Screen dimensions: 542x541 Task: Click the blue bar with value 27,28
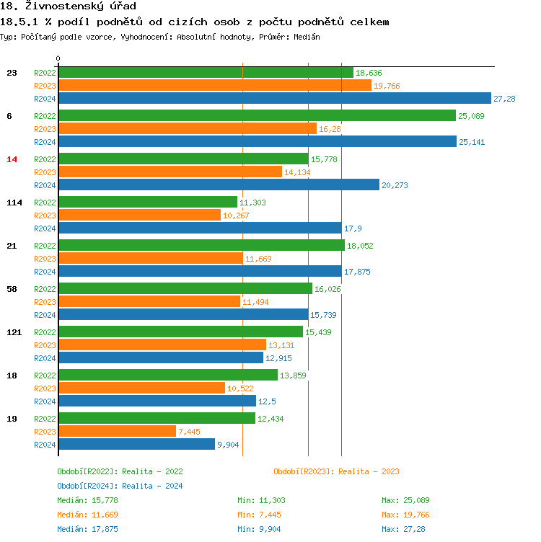pyautogui.click(x=274, y=99)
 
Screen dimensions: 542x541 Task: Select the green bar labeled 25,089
pyautogui.click(x=257, y=115)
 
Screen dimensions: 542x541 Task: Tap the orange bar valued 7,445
pyautogui.click(x=117, y=431)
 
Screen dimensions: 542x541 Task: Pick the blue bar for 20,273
pyautogui.click(x=219, y=185)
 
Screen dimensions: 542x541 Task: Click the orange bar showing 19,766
pyautogui.click(x=214, y=86)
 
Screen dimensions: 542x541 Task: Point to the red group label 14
pyautogui.click(x=12, y=159)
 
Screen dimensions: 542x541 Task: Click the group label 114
pyautogui.click(x=14, y=203)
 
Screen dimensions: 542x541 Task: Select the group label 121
pyautogui.click(x=14, y=332)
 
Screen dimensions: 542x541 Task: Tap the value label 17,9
pyautogui.click(x=353, y=228)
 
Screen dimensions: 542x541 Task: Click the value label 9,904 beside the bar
pyautogui.click(x=227, y=445)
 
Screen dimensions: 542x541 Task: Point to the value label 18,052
pyautogui.click(x=360, y=246)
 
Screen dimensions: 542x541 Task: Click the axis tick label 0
pyautogui.click(x=58, y=58)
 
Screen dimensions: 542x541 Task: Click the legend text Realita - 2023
pyautogui.click(x=369, y=471)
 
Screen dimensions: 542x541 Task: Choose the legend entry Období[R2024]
pyautogui.click(x=87, y=486)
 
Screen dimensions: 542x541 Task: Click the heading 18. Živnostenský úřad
pyautogui.click(x=69, y=6)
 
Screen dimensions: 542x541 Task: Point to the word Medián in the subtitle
pyautogui.click(x=307, y=36)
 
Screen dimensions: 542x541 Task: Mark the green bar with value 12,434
pyautogui.click(x=157, y=418)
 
